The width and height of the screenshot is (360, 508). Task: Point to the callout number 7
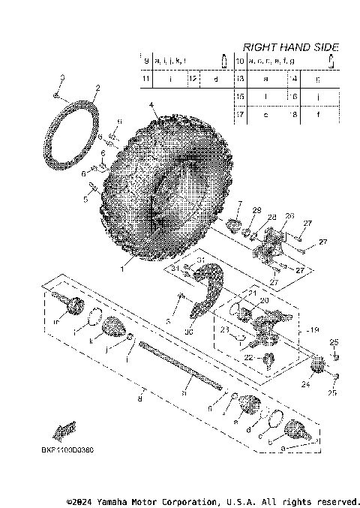point(239,204)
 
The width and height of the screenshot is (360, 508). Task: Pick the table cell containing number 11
point(146,78)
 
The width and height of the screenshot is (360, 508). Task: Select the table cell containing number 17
point(241,114)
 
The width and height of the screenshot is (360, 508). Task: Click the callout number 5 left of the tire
point(86,200)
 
